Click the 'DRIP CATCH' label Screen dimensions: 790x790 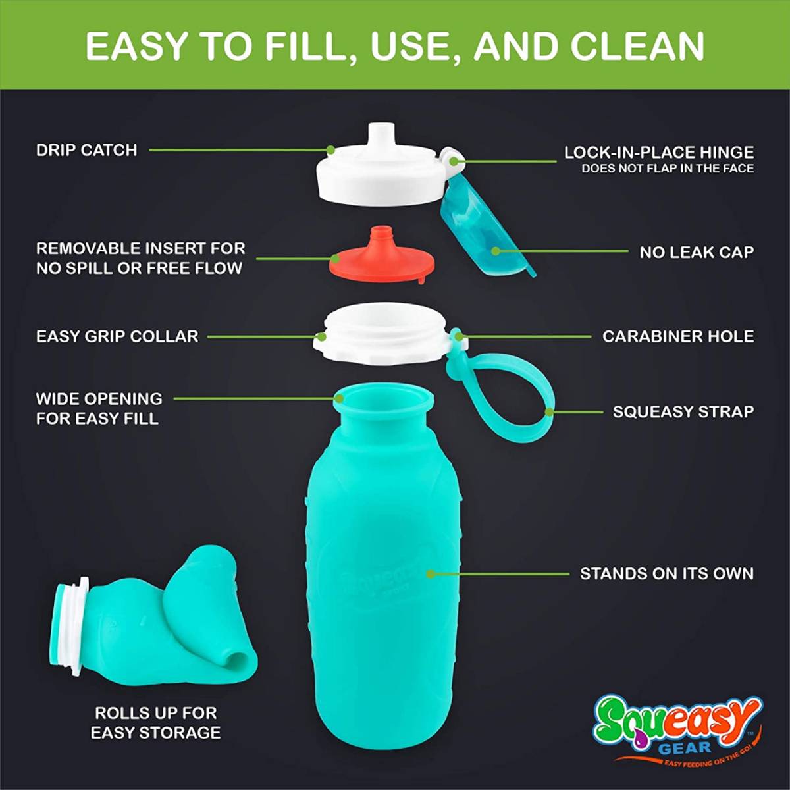(86, 151)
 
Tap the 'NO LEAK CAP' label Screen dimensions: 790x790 (697, 253)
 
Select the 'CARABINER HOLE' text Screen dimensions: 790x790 (678, 336)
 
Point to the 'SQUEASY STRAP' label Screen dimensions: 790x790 (683, 411)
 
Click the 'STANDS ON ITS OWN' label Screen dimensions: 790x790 (667, 573)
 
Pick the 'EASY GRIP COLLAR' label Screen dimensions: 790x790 (117, 336)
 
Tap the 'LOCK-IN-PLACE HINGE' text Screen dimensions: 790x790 (659, 153)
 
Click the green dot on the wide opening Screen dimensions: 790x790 (339, 398)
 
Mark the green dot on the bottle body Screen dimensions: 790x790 (430, 574)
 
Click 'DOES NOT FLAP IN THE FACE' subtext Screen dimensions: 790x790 (668, 169)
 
